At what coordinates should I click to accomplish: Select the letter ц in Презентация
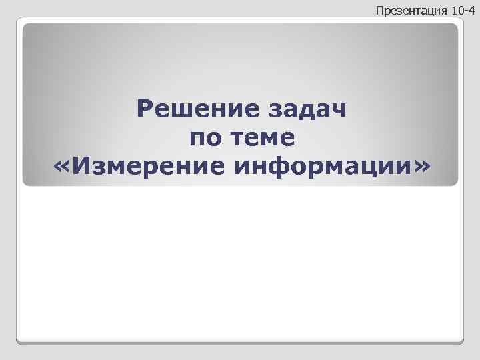(x=425, y=11)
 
